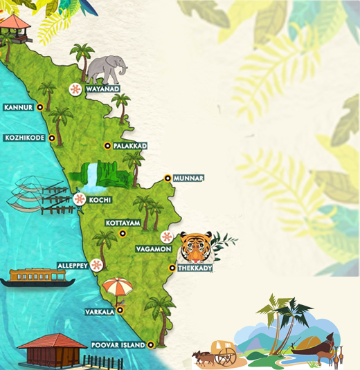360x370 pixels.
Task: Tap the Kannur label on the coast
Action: coord(19,107)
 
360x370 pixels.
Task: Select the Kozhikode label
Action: coord(24,138)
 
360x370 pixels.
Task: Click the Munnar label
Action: coord(189,178)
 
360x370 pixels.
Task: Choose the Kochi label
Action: coord(100,200)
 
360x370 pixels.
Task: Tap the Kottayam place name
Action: coord(123,223)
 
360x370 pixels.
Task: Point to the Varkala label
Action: coord(100,311)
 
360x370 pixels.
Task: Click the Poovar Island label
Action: coord(118,344)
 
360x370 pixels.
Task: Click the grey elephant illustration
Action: coord(107,68)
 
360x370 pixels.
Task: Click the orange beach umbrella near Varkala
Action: coord(117,286)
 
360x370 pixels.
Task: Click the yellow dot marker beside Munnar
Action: coord(168,178)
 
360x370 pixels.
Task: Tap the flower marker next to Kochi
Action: coord(80,200)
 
